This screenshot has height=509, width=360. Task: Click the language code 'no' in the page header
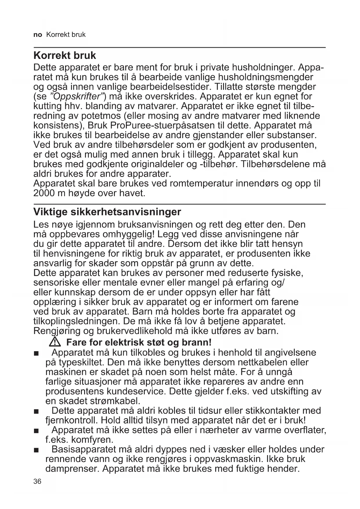pos(38,35)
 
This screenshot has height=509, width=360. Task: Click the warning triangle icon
pos(55,342)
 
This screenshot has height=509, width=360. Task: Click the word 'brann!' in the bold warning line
pos(196,342)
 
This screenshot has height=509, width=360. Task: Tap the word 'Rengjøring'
pos(57,331)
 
